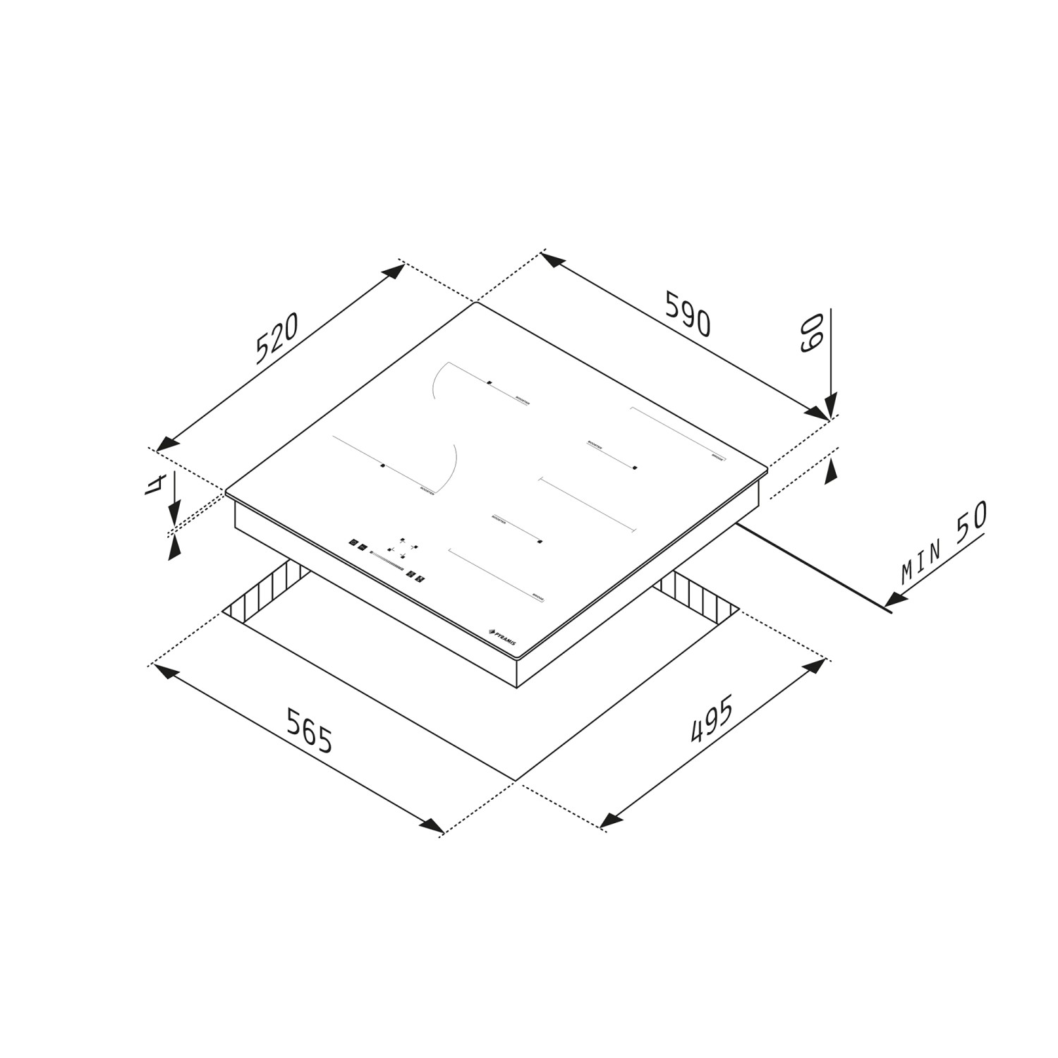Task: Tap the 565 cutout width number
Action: pyautogui.click(x=310, y=730)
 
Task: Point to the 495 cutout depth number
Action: pyautogui.click(x=712, y=719)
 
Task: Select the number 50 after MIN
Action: pyautogui.click(x=971, y=523)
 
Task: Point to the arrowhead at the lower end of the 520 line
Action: pyautogui.click(x=165, y=444)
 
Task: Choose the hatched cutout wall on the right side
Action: pyautogui.click(x=698, y=594)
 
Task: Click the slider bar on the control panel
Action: pyautogui.click(x=387, y=559)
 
